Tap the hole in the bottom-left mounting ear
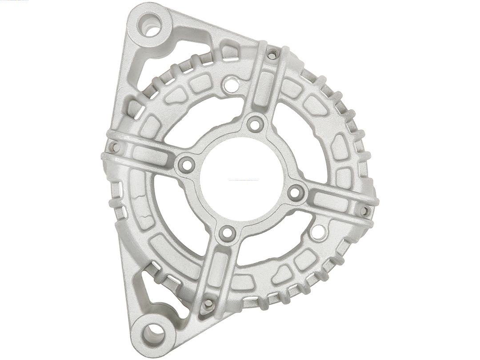[154, 332]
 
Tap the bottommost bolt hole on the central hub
[228, 232]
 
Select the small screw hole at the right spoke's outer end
[364, 209]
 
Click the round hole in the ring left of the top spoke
[230, 83]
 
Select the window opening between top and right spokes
[302, 147]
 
